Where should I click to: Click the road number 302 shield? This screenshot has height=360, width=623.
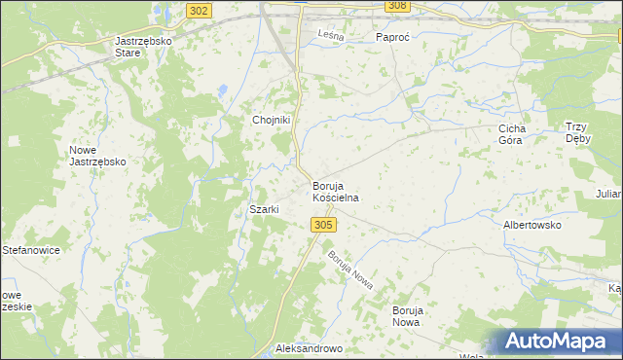198,10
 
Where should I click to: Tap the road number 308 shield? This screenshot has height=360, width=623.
396,6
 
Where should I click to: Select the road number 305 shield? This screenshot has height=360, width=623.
325,225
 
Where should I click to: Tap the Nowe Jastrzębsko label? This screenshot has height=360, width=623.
97,156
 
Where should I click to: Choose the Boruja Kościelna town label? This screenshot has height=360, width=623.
336,191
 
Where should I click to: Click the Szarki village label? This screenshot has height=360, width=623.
265,209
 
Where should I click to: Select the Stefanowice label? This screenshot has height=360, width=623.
31,250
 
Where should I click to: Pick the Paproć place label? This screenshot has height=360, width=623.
395,37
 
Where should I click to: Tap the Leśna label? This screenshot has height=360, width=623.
333,37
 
